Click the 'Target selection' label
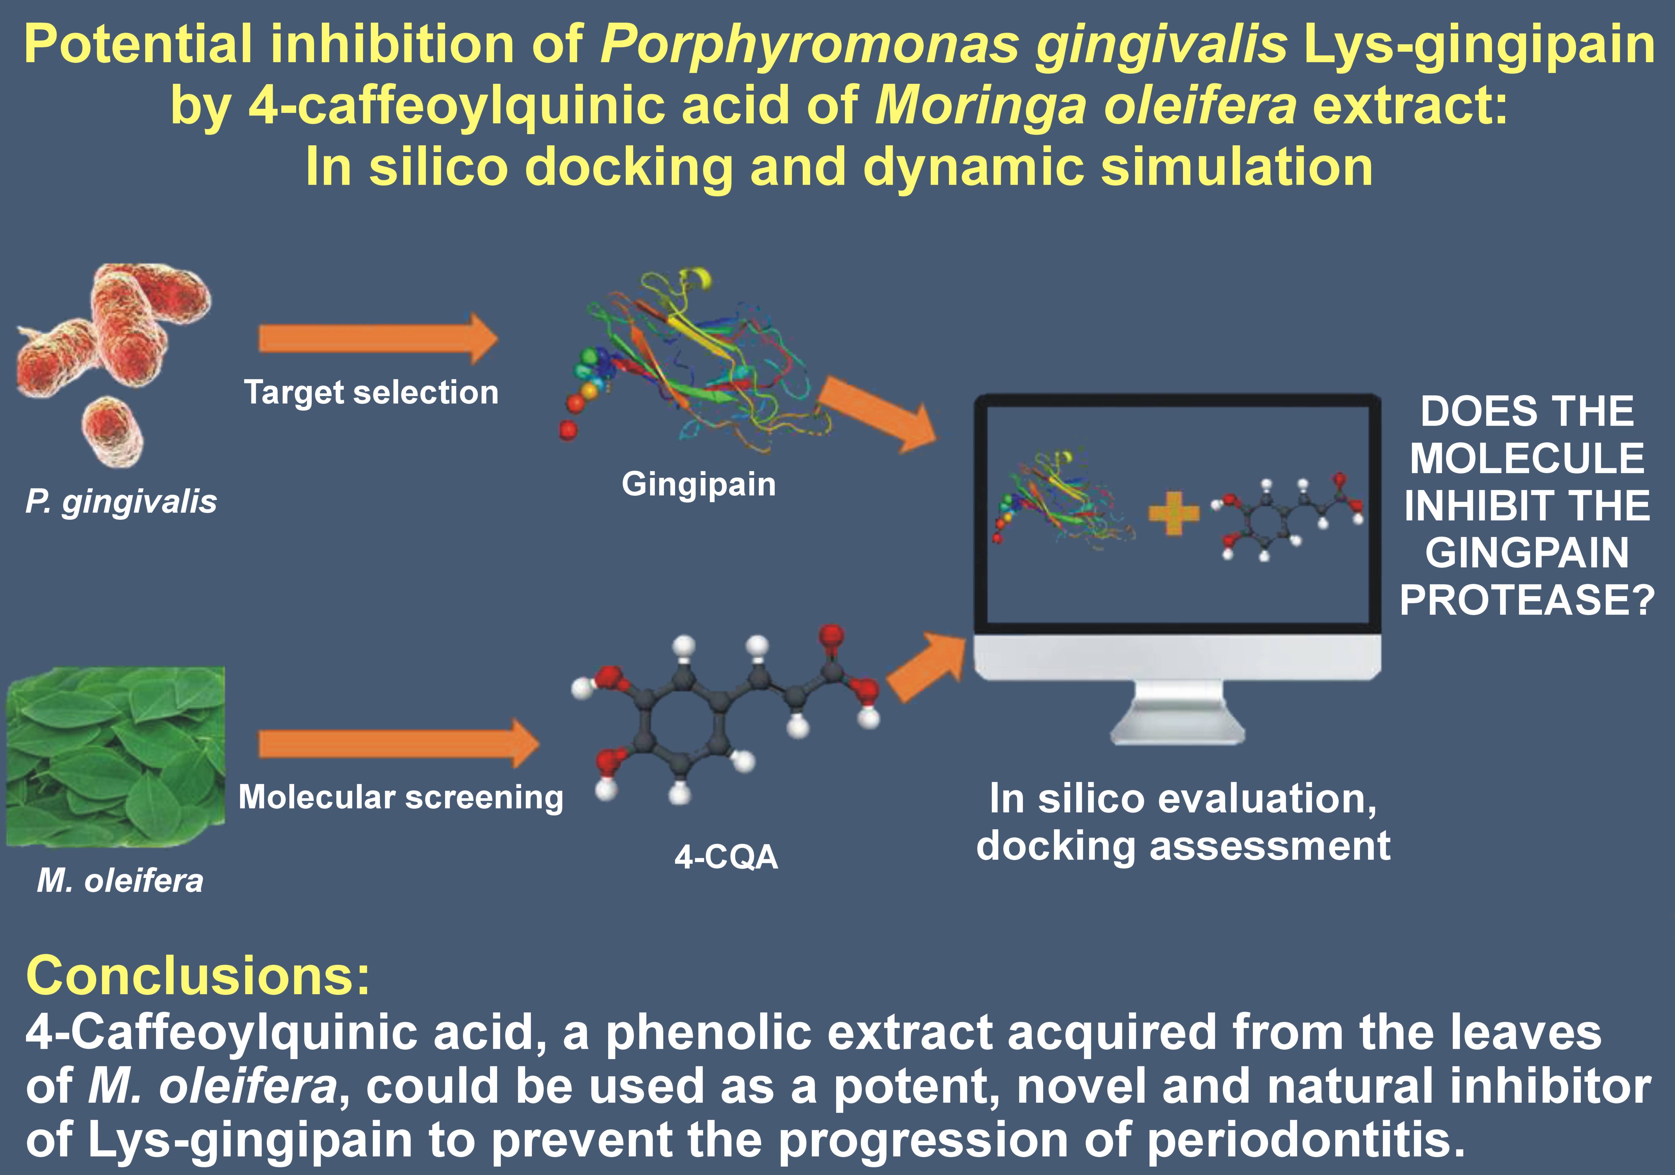pos(371,393)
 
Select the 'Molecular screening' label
pos(401,797)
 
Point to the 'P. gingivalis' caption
pos(121,502)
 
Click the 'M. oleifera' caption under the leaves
pos(120,881)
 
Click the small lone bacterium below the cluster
pos(112,432)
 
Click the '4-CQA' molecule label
pos(726,857)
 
